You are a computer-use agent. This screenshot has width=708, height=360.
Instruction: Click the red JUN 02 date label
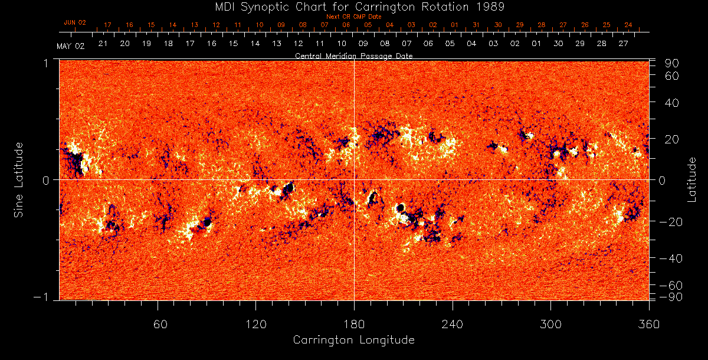point(75,22)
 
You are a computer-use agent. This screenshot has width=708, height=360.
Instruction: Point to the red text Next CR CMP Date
point(354,17)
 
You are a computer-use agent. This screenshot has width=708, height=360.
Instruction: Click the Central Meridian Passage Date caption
point(353,55)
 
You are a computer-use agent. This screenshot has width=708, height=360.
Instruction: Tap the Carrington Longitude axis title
point(353,340)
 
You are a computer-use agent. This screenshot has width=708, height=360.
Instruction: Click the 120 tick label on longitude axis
point(256,324)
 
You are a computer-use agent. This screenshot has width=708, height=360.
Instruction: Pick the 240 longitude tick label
point(453,324)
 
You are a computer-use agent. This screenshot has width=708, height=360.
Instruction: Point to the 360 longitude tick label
point(649,324)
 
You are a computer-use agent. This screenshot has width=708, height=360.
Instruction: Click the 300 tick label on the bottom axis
point(550,324)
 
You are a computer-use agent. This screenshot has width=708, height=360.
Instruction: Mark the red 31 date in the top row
point(476,25)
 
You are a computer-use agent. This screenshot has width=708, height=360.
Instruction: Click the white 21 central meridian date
point(103,44)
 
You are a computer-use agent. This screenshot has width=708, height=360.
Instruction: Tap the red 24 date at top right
point(628,25)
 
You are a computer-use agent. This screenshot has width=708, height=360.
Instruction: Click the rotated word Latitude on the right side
point(692,179)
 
